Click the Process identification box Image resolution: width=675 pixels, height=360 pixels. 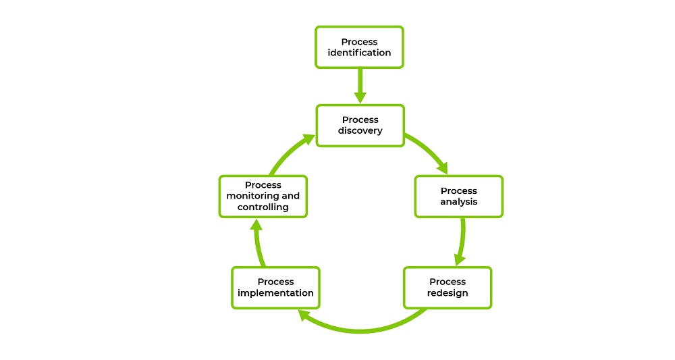click(x=359, y=47)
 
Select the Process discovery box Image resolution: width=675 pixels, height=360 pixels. click(x=360, y=126)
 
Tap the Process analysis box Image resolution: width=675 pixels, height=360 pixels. click(x=458, y=197)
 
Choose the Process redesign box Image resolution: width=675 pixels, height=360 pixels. click(x=447, y=288)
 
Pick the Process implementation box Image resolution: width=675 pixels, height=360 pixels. click(x=275, y=288)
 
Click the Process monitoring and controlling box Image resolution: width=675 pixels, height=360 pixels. click(x=263, y=197)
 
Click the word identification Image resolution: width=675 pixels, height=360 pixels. click(x=359, y=53)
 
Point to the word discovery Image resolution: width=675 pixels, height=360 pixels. click(x=360, y=131)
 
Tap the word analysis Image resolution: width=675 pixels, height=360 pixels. click(x=458, y=202)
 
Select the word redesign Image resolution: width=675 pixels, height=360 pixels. click(x=447, y=293)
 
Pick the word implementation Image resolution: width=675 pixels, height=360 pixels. click(x=275, y=293)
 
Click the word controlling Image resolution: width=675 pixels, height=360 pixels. click(x=263, y=207)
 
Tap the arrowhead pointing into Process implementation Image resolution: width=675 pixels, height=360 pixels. click(x=306, y=314)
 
